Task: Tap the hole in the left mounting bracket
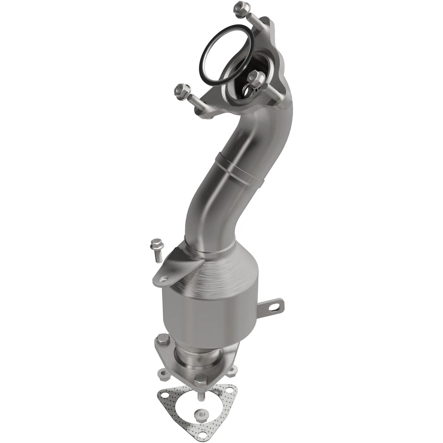[x=164, y=278]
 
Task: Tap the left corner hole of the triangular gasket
[x=164, y=395]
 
